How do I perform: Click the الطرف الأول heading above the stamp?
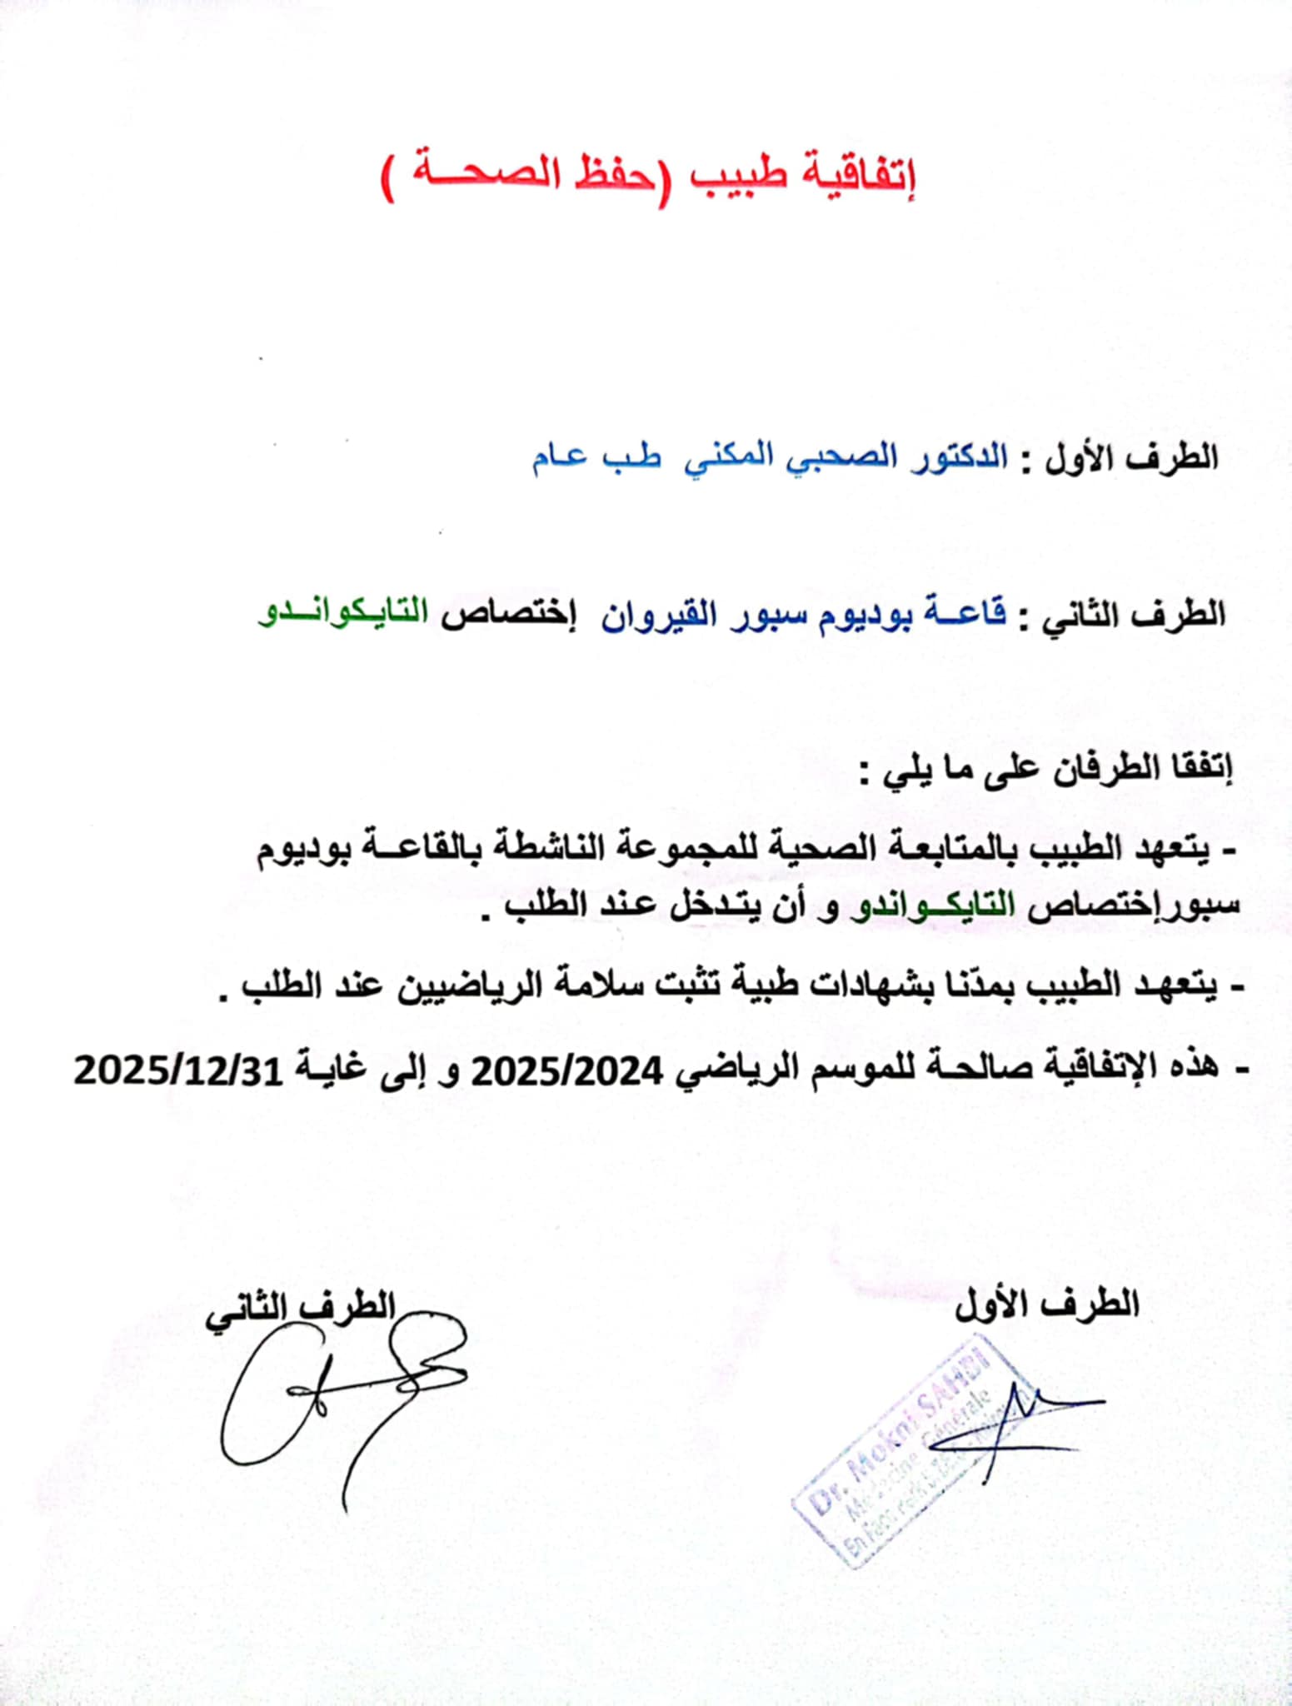click(x=1047, y=1302)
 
